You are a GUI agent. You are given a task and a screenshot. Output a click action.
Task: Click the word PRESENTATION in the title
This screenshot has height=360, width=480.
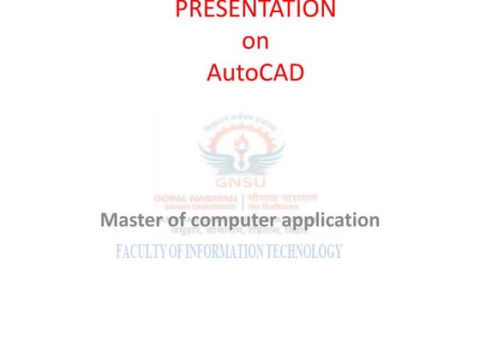tap(255, 10)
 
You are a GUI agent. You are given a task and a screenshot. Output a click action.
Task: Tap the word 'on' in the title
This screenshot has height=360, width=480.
tap(255, 40)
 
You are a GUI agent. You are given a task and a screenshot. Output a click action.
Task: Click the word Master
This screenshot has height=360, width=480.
tap(133, 220)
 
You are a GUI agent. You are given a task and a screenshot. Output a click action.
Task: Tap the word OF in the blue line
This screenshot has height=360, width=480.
tap(179, 252)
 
